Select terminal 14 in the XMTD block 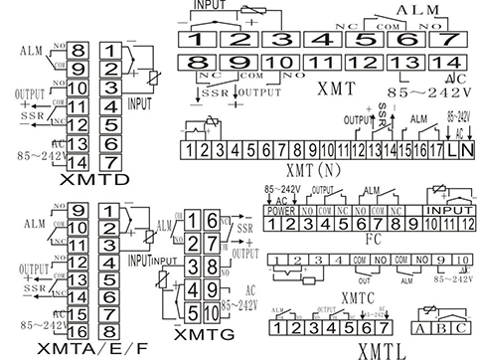point(80,163)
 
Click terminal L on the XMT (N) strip point(452,150)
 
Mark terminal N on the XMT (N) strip point(467,150)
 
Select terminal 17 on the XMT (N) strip point(436,150)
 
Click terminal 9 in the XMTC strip point(440,261)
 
